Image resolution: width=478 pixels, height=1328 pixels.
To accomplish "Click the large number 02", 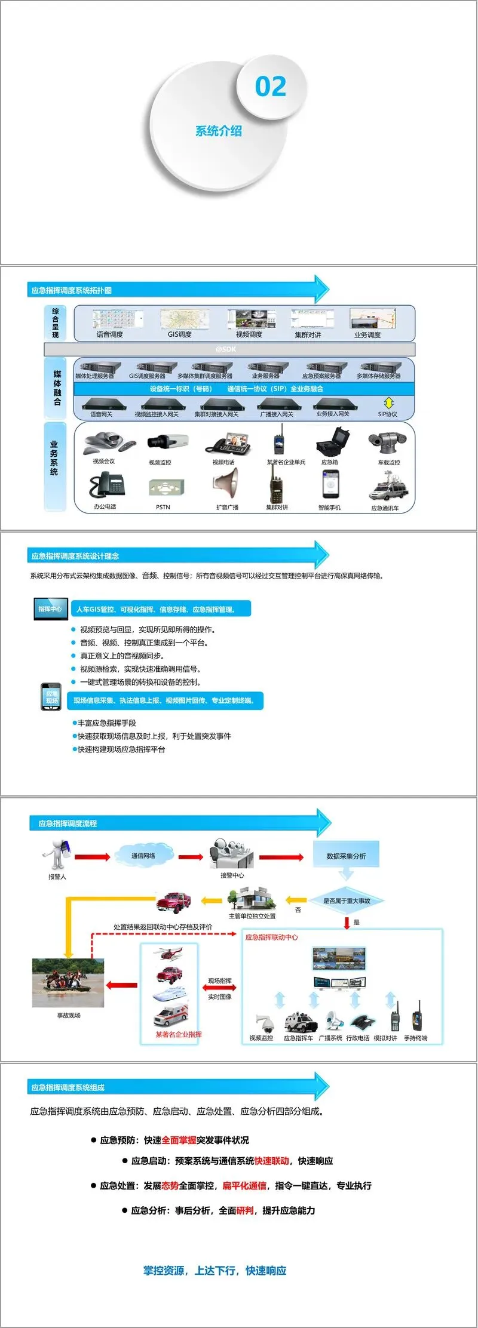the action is (271, 87).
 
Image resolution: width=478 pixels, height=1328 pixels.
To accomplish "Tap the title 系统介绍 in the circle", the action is (219, 131).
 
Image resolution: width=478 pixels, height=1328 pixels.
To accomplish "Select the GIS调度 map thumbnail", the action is (180, 319).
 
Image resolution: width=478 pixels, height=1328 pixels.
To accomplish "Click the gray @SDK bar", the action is (229, 349).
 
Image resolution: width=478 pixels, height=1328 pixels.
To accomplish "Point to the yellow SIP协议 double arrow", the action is (388, 403).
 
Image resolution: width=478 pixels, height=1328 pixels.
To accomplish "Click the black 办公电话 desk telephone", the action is (107, 485).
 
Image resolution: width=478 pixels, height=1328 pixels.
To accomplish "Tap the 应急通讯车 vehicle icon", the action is (388, 487).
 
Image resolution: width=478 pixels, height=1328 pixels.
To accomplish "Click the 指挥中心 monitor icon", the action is (50, 608).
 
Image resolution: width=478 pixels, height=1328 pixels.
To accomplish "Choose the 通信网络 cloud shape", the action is (143, 856).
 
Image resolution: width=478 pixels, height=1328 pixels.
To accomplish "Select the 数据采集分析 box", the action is (346, 856).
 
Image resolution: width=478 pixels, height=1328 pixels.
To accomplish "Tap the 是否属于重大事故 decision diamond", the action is (347, 900).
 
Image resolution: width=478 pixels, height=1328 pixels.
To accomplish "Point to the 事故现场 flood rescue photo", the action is (68, 983).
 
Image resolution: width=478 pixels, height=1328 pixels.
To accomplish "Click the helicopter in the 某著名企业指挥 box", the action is (170, 952).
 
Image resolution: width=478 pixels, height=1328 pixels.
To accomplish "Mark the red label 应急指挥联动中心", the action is (271, 937).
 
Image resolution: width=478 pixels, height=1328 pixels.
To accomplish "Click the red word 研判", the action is (245, 1210).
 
